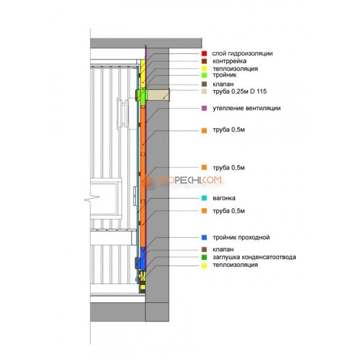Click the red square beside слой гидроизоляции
(204, 53)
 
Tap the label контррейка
(229, 61)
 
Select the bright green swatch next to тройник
(204, 75)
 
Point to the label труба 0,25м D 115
(240, 92)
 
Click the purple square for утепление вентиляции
(204, 108)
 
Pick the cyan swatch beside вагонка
(204, 198)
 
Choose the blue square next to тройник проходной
(204, 238)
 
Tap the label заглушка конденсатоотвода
(254, 257)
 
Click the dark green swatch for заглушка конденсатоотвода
(204, 257)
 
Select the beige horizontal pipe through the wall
(158, 95)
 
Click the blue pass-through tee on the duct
(142, 259)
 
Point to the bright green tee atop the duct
(141, 97)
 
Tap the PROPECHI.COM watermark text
(189, 180)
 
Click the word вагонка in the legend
(224, 198)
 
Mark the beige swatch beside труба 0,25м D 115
(204, 92)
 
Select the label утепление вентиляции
(246, 108)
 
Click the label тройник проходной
(241, 238)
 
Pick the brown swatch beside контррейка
(204, 61)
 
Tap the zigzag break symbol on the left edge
(92, 199)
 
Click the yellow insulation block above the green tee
(143, 74)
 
